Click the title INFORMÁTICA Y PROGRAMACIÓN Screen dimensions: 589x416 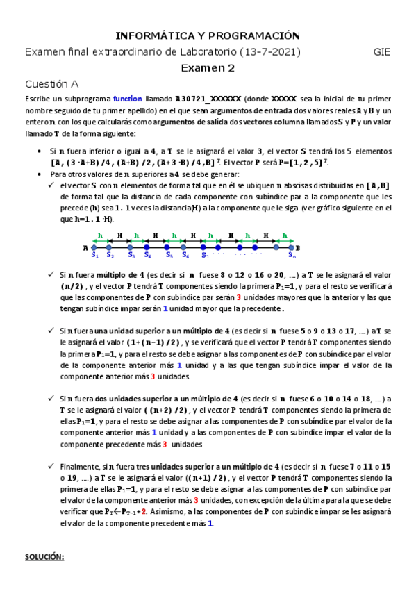click(x=208, y=35)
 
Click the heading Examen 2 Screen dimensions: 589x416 click(x=208, y=67)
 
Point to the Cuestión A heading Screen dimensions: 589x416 click(x=51, y=83)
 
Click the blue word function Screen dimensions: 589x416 click(x=127, y=99)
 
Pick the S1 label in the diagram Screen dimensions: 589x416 click(x=95, y=255)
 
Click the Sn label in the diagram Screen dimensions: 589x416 click(x=292, y=255)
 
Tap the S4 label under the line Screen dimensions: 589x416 click(x=148, y=255)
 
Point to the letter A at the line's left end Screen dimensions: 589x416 click(x=85, y=247)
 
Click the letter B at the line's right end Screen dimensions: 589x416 click(x=299, y=247)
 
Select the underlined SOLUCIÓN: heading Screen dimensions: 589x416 click(x=44, y=557)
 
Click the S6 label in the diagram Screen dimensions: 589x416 click(x=186, y=255)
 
